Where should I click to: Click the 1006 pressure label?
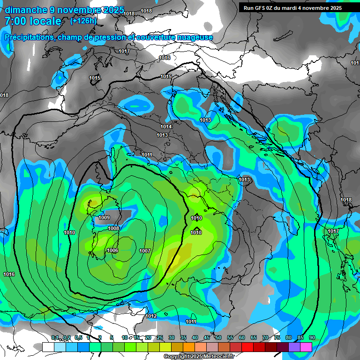pyautogui.click(x=112, y=250)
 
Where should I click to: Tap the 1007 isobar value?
pyautogui.click(x=145, y=251)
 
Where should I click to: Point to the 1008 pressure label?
pyautogui.click(x=113, y=228)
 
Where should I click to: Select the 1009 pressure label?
pyautogui.click(x=104, y=217)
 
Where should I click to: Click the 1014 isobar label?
pyautogui.click(x=165, y=127)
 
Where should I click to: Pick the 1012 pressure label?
pyautogui.click(x=151, y=316)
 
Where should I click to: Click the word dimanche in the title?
pyautogui.click(x=25, y=10)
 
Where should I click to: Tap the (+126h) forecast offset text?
pyautogui.click(x=83, y=21)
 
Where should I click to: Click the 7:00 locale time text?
pyautogui.click(x=33, y=21)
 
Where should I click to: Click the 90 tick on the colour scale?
pyautogui.click(x=312, y=338)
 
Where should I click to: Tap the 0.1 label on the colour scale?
pyautogui.click(x=54, y=338)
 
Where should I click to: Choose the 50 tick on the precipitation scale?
pyautogui.click(x=218, y=338)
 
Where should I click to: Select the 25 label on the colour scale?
pyautogui.click(x=160, y=338)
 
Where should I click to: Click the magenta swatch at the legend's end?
pyautogui.click(x=306, y=347)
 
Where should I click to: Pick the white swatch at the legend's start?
pyautogui.click(x=48, y=347)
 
